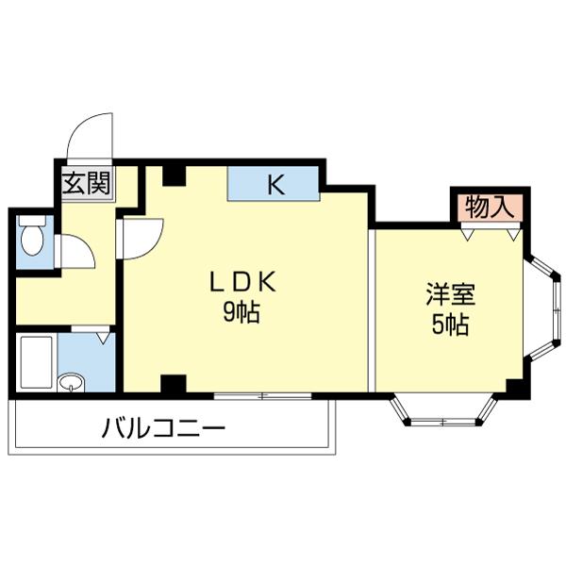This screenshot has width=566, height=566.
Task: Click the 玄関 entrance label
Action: click(x=86, y=183)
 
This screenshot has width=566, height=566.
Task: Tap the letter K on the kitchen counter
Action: click(x=275, y=183)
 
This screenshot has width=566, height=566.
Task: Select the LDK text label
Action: click(x=241, y=282)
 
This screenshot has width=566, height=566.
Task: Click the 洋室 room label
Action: click(x=449, y=293)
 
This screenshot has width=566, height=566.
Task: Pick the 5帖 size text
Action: click(x=449, y=326)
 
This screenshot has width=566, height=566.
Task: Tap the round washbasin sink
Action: click(x=70, y=382)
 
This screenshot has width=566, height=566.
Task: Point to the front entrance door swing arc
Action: click(x=87, y=137)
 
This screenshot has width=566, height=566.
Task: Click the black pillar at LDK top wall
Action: click(x=174, y=175)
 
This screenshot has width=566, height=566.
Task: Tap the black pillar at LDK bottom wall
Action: click(x=173, y=384)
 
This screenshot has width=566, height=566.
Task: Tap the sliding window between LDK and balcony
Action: click(x=261, y=394)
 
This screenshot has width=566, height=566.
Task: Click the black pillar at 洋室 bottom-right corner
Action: click(x=514, y=387)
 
